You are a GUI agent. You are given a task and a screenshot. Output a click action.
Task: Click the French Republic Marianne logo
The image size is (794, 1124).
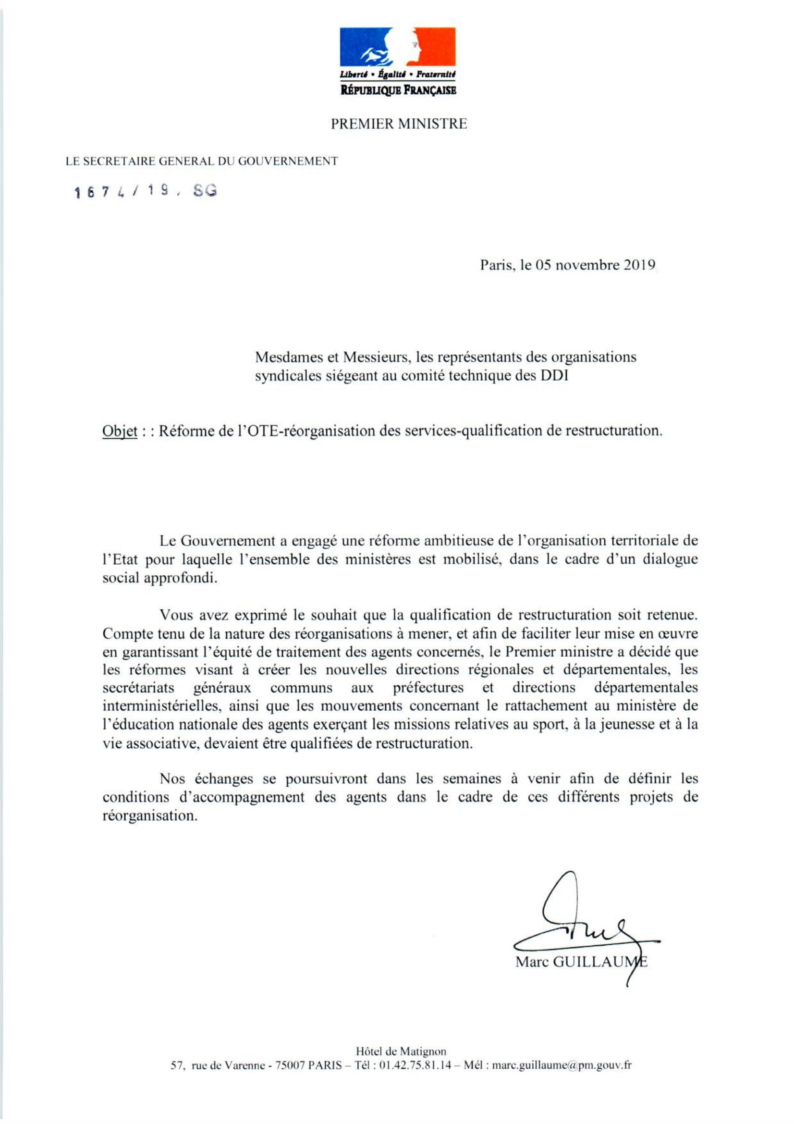pyautogui.click(x=398, y=48)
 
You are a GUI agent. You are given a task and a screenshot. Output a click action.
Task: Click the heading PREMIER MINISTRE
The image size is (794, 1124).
pyautogui.click(x=399, y=124)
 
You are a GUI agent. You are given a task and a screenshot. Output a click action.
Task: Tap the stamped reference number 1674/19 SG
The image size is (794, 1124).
pyautogui.click(x=145, y=191)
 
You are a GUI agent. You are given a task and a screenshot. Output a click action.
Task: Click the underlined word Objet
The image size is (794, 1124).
pyautogui.click(x=120, y=431)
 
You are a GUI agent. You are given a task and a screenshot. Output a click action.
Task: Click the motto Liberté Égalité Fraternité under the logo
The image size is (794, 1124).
pyautogui.click(x=398, y=74)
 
